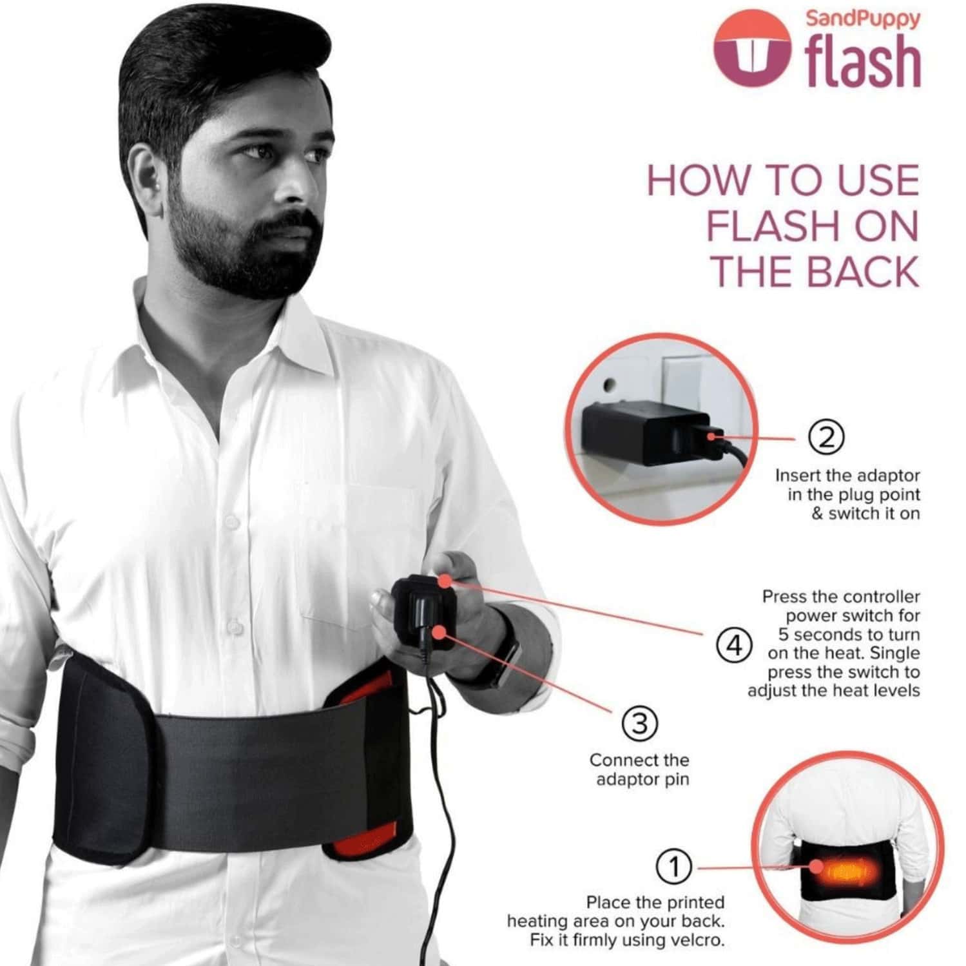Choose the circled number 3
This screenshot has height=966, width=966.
(x=639, y=724)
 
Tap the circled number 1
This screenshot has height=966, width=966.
(x=673, y=866)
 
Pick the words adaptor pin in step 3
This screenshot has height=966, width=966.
(x=642, y=779)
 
